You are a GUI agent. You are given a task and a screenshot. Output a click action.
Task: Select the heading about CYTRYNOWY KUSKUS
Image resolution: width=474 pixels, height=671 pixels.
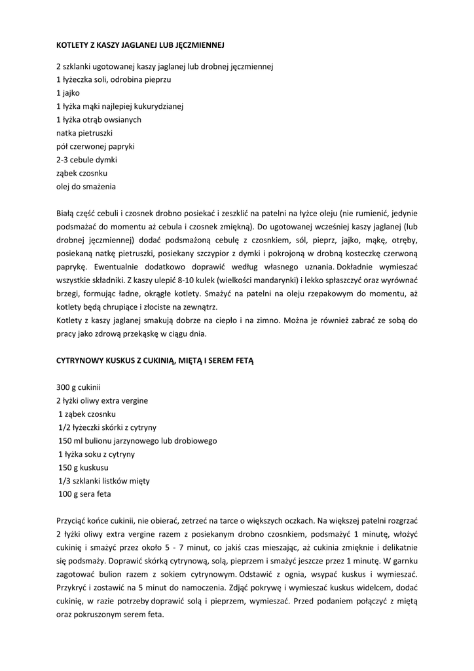coord(155,360)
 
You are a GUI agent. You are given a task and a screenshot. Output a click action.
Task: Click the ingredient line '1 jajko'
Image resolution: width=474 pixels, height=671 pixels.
coord(68,93)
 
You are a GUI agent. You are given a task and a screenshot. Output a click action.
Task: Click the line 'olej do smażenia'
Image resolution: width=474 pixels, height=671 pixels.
coord(86,187)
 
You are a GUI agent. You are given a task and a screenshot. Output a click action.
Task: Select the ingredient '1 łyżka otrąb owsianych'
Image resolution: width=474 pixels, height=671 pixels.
coord(99,120)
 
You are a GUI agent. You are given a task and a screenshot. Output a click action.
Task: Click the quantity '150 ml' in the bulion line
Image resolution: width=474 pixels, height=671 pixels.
coord(71,440)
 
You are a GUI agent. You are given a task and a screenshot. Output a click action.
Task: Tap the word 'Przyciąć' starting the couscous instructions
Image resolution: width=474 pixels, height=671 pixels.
coord(72,521)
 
